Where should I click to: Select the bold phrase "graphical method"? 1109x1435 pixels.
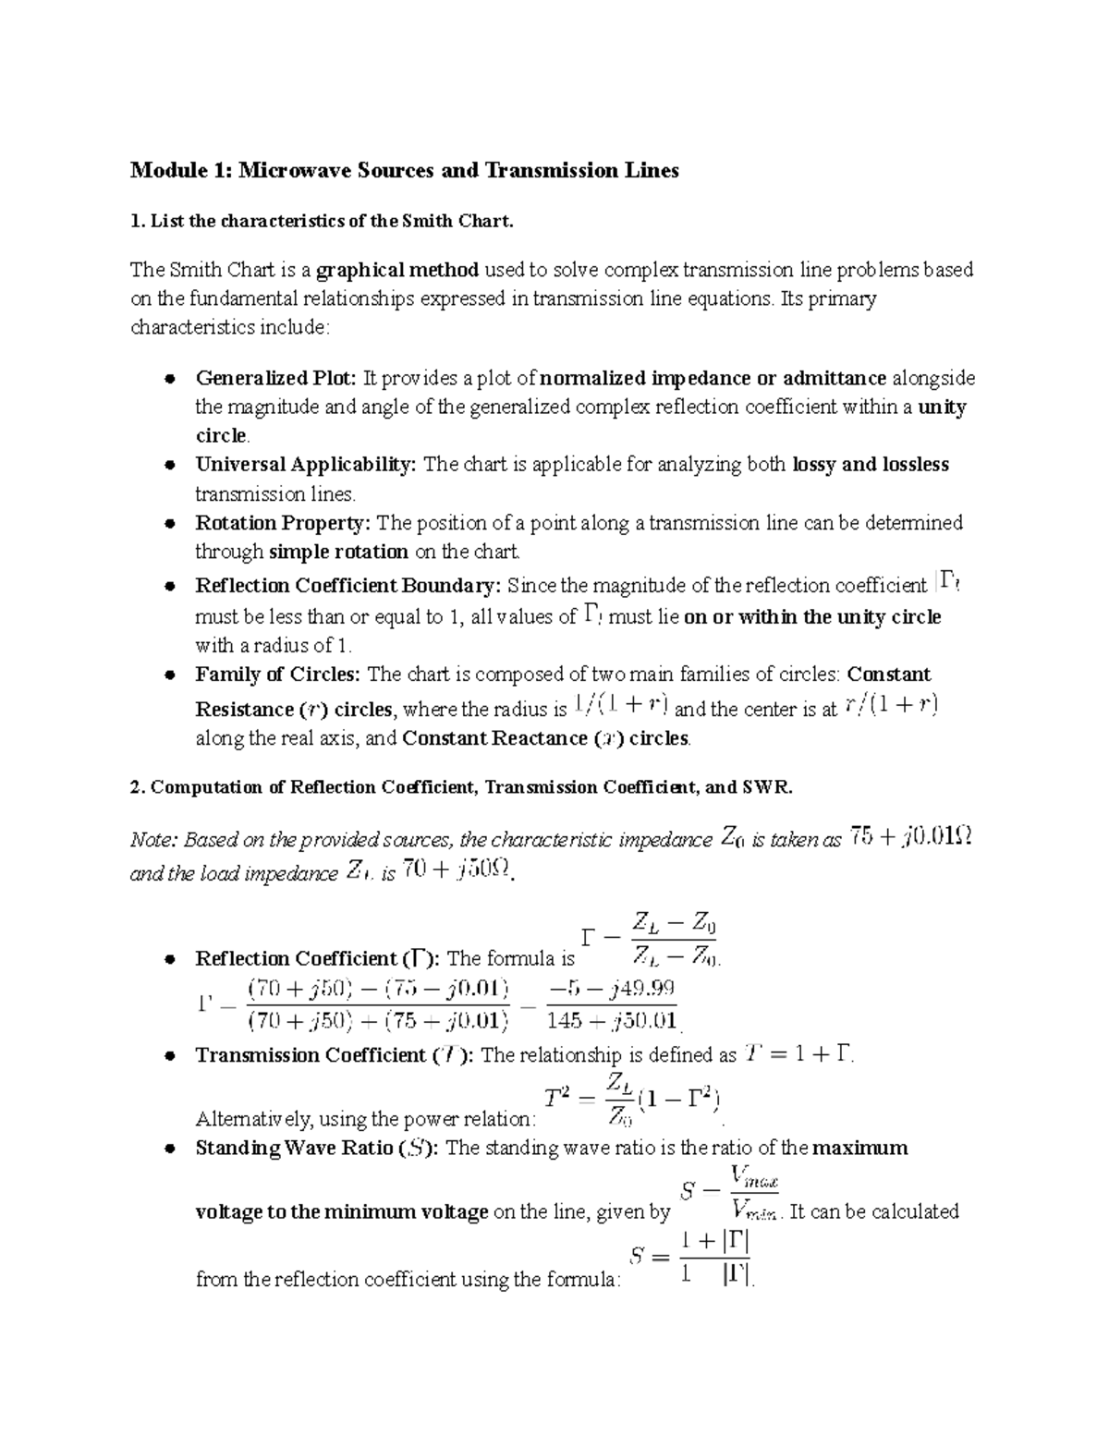click(396, 270)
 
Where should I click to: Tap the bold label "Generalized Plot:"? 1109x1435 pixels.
click(275, 378)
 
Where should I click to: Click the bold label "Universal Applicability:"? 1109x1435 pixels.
click(306, 465)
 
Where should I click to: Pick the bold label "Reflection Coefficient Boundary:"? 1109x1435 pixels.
click(348, 586)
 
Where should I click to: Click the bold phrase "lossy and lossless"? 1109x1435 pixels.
click(871, 465)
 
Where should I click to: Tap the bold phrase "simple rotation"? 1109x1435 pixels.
click(338, 553)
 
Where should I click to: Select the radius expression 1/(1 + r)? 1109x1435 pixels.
click(621, 707)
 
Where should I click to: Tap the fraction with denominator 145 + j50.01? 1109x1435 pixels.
click(611, 1004)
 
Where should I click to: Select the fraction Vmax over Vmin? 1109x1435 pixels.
click(754, 1192)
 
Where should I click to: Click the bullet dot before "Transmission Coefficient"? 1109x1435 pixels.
click(170, 1056)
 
